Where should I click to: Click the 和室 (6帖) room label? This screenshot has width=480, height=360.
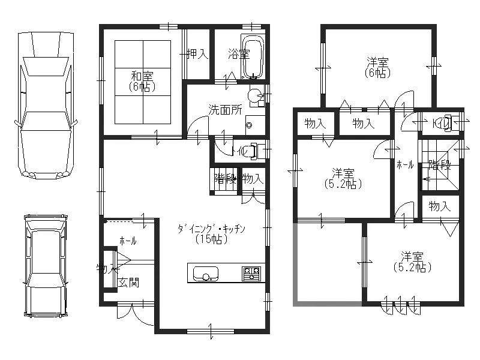[x=142, y=81]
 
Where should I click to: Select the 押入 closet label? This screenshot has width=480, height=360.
[x=197, y=54]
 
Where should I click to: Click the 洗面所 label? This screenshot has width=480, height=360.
[x=225, y=110]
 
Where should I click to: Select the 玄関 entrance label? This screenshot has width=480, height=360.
[x=128, y=283]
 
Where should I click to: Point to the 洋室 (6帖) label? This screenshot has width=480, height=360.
[x=377, y=67]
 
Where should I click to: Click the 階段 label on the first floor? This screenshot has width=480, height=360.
[x=224, y=178]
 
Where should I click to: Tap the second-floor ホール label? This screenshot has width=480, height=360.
[x=404, y=165]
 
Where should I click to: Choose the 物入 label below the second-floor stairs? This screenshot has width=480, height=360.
[x=439, y=206]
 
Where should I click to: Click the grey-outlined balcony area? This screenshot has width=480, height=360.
[x=327, y=264]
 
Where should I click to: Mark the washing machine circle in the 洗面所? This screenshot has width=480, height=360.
[x=255, y=95]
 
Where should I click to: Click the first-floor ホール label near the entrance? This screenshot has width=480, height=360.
[x=127, y=241]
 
